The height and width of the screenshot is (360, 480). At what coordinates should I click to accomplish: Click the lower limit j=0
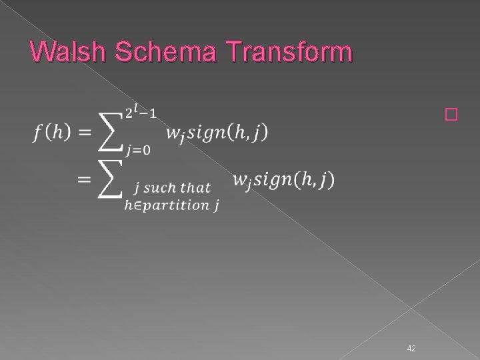[x=136, y=149]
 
